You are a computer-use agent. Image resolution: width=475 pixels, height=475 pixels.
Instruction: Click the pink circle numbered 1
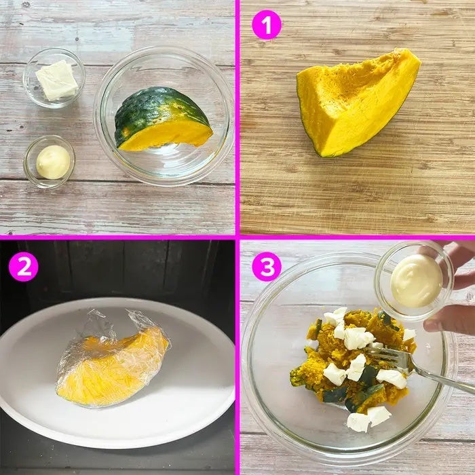[267, 25]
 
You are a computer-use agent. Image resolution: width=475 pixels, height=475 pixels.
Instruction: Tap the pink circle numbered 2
[23, 267]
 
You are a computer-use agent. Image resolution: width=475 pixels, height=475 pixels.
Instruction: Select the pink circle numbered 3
[267, 267]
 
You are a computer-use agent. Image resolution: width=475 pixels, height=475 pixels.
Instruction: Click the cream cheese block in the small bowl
[57, 79]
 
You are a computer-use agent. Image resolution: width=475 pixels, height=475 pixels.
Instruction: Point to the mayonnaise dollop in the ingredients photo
[54, 161]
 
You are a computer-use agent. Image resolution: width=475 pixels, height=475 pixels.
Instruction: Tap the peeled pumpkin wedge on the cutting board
[358, 102]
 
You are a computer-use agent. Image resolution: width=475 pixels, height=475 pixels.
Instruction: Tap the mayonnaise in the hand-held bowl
[416, 281]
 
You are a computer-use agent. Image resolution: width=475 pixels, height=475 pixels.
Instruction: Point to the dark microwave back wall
[121, 267]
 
